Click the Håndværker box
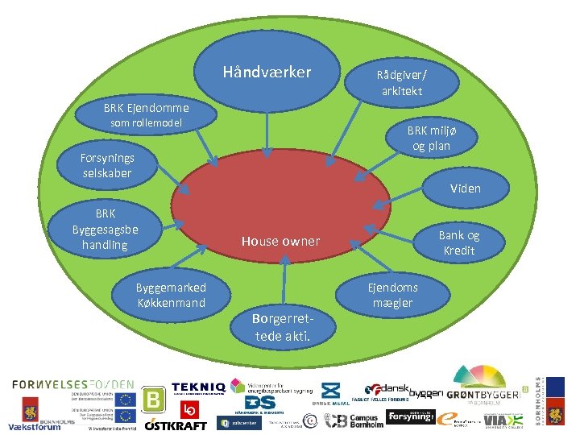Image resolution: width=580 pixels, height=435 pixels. coord(266,72)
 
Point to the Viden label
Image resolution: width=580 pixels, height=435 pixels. coord(466,188)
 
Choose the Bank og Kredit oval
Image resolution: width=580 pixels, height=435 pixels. coord(458,242)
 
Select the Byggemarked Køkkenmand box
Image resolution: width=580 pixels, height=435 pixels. coord(170,295)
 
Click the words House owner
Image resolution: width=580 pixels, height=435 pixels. coord(280,241)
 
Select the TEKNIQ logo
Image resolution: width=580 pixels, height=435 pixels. coord(197,390)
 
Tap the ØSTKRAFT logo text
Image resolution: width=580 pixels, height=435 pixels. coord(176,424)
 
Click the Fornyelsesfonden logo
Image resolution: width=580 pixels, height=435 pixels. coord(72,384)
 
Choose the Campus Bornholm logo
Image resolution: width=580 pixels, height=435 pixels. coord(350,420)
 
